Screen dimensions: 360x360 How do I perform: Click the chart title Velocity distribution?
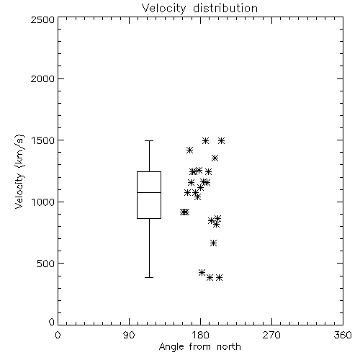199,8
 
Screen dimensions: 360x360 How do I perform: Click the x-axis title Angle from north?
199,347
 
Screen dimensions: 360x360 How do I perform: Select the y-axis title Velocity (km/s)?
19,171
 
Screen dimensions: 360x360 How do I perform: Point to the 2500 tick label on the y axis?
42,19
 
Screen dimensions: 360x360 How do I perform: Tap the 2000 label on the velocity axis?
42,78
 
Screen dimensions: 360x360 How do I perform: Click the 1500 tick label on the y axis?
42,140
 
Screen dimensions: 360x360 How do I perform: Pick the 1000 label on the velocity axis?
42,202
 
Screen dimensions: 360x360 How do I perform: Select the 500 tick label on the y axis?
45,264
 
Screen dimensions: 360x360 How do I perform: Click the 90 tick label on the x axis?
129,335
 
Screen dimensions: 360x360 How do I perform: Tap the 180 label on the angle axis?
200,335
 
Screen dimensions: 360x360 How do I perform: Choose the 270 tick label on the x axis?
271,335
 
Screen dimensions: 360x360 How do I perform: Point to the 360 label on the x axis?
343,335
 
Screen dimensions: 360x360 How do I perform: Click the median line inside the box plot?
149,192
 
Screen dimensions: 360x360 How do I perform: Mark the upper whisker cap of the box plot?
149,140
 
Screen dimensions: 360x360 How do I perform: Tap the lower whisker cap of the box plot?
149,277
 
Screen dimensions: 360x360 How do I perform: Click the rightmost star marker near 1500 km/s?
222,140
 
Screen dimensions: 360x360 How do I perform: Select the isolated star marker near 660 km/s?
213,243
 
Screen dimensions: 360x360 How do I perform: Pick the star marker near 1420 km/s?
189,150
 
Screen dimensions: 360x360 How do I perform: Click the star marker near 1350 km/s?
215,158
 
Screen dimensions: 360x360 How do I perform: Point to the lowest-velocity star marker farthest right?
219,278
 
